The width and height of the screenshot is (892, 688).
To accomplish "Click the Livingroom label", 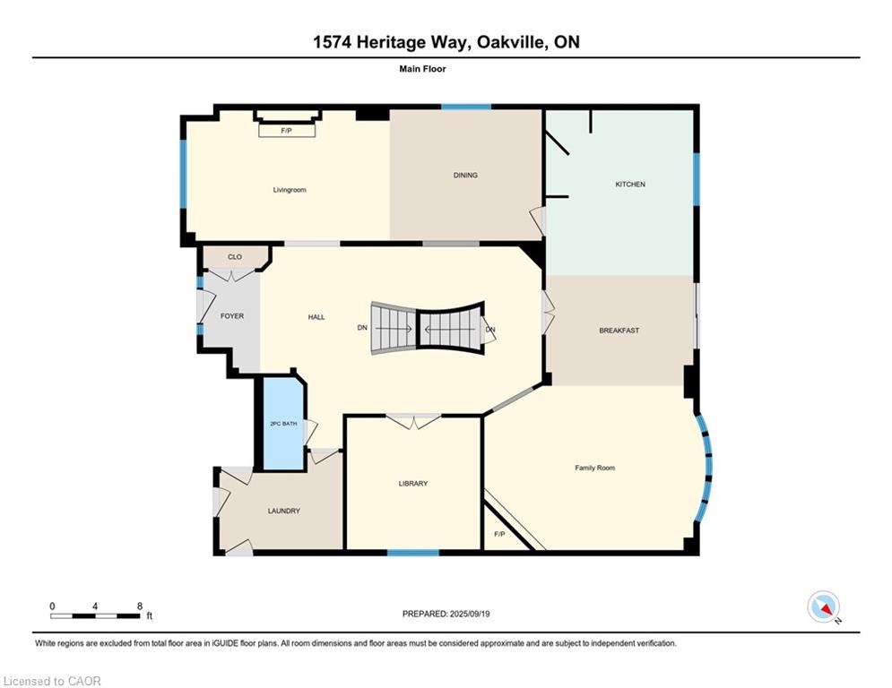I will click(x=290, y=190).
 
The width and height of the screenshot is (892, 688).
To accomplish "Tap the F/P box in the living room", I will click(x=287, y=131).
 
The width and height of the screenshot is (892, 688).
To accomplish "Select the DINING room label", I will click(x=465, y=176).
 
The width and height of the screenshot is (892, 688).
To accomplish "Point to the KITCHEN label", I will click(x=629, y=185).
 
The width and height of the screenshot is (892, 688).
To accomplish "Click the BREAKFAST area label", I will click(x=619, y=331).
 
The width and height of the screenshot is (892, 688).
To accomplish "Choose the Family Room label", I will click(x=594, y=468).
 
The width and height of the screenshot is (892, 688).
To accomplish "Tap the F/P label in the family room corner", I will click(x=499, y=535).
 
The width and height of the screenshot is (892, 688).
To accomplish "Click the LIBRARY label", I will click(x=413, y=484).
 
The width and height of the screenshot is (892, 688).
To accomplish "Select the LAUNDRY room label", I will click(x=283, y=511).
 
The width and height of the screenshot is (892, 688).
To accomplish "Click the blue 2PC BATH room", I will click(x=283, y=424).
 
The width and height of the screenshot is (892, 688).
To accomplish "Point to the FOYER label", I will click(x=232, y=316).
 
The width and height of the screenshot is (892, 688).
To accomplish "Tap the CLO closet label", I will click(x=235, y=257).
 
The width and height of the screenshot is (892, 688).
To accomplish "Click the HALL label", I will click(x=316, y=317).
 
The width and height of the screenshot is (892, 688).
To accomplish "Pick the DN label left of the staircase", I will click(x=362, y=328).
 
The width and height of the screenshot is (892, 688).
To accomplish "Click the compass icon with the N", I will click(x=822, y=606).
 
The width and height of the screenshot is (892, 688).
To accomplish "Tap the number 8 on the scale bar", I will click(x=140, y=606).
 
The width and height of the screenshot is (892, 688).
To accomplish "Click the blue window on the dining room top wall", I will click(x=466, y=107).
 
